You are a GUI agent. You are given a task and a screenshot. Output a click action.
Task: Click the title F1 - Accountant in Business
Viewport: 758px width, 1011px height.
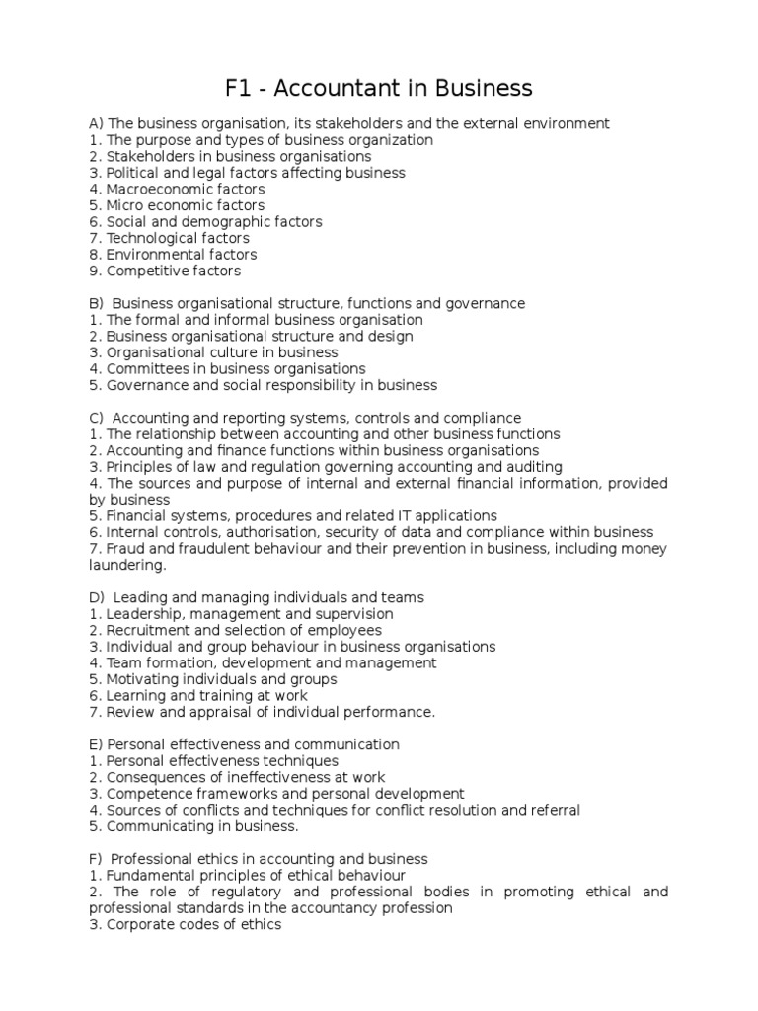[379, 88]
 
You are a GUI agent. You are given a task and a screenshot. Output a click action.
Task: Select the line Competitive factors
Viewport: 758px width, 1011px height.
[173, 271]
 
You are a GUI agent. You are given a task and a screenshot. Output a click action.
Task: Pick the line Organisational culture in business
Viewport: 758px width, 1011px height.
[221, 352]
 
